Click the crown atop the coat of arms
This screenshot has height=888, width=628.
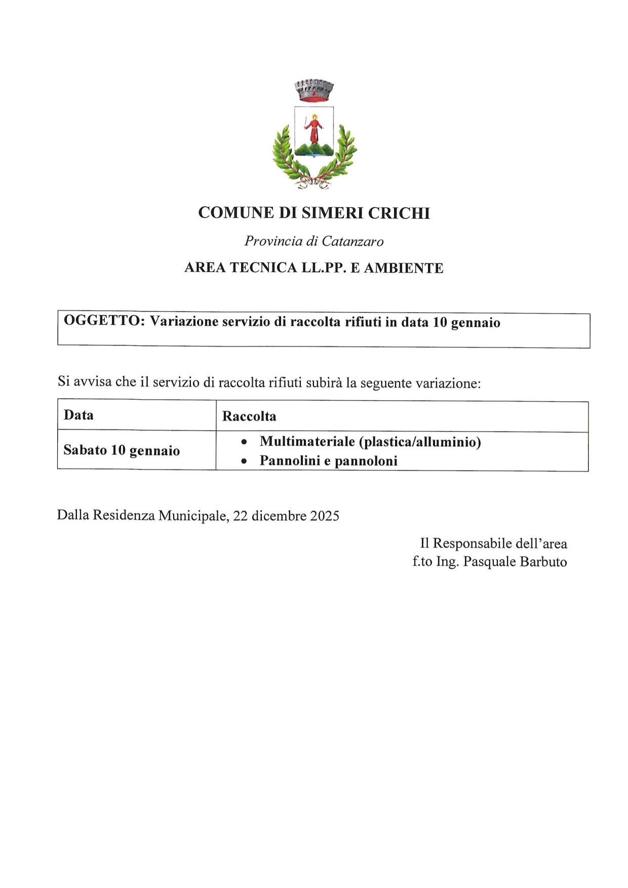point(314,90)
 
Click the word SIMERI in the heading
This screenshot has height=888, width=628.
point(332,213)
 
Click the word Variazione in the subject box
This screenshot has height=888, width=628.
point(184,322)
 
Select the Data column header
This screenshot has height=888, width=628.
point(78,415)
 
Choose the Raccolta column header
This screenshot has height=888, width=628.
point(249,416)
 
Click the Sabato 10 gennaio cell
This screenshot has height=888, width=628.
point(122,450)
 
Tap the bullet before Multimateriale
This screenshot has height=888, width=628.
point(244,442)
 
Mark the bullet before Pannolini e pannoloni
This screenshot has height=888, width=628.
point(244,461)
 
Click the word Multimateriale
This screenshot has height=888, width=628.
point(307,442)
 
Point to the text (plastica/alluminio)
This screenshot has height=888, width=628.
point(420,442)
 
